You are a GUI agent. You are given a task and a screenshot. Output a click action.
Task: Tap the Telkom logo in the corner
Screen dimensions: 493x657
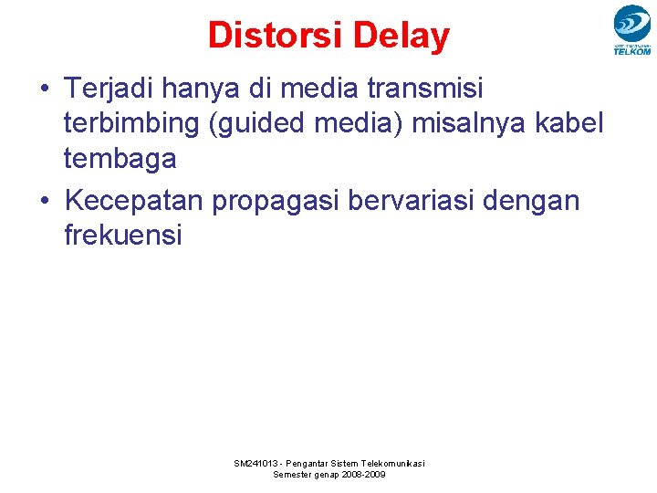tap(631, 30)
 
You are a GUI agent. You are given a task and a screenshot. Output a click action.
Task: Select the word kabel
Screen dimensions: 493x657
tap(569, 123)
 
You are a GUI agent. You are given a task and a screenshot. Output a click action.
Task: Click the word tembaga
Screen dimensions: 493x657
tap(120, 158)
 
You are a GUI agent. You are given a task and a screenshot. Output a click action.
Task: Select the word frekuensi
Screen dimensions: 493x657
tap(123, 235)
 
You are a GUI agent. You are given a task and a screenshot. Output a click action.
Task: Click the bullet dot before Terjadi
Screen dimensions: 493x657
tap(44, 89)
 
